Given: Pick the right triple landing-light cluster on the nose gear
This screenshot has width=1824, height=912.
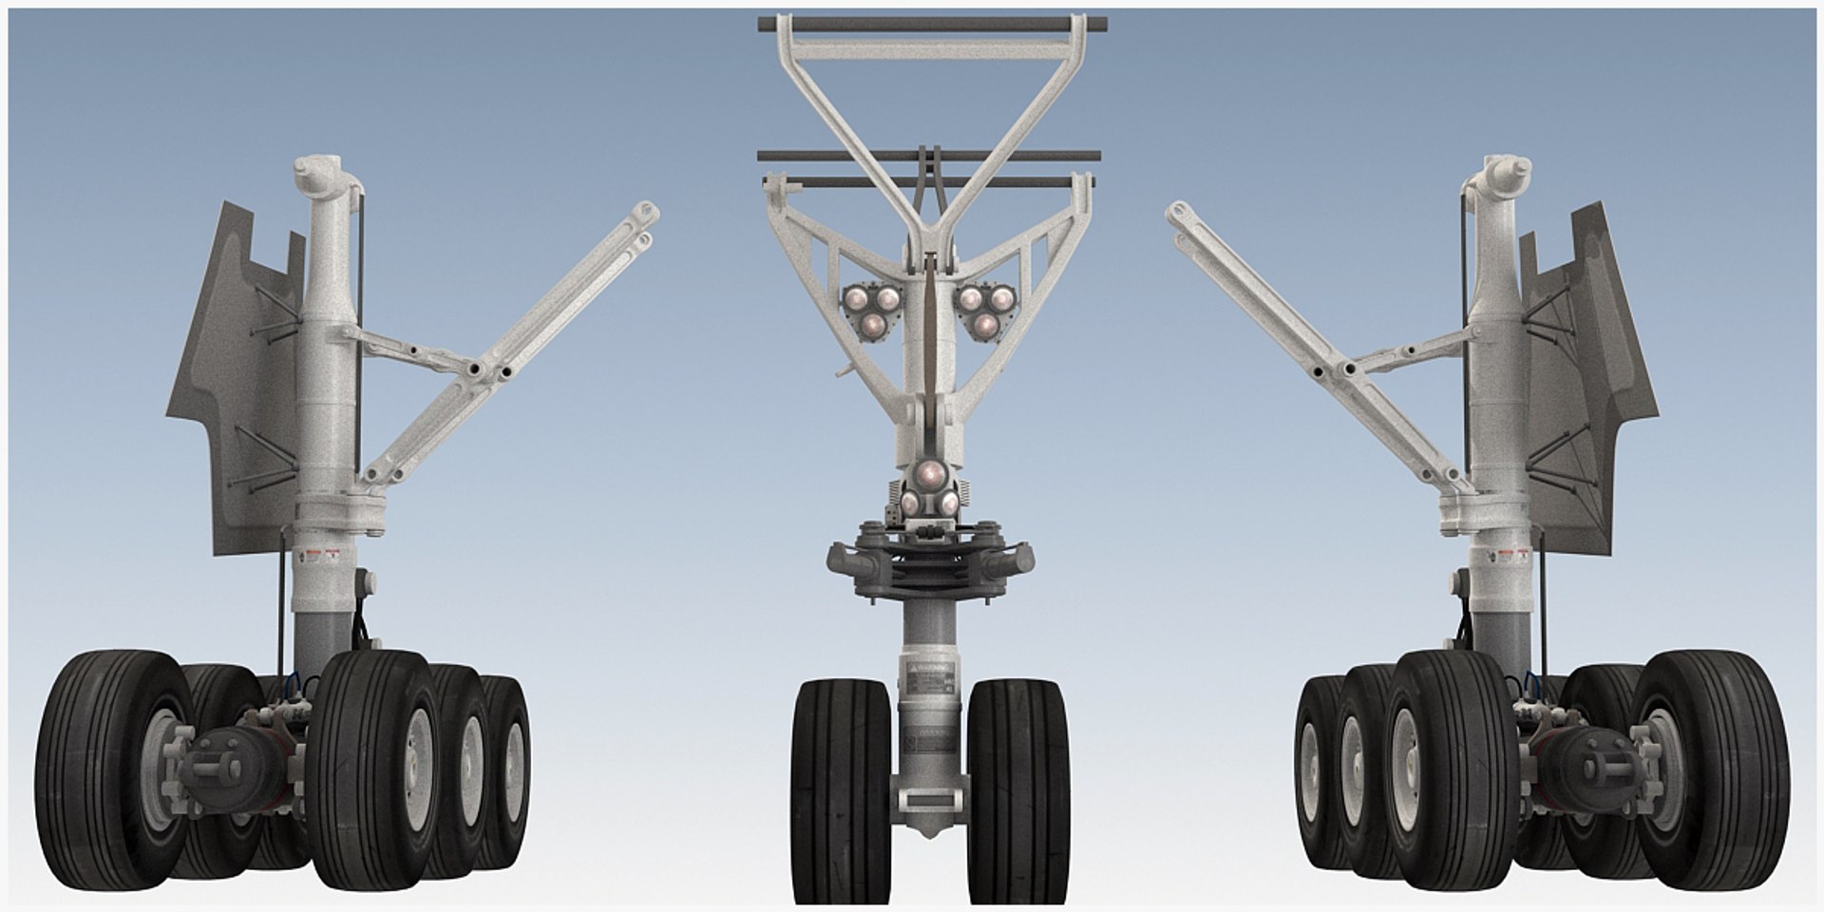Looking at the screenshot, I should click(986, 310).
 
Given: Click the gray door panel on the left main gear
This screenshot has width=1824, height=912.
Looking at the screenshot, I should click(233, 380).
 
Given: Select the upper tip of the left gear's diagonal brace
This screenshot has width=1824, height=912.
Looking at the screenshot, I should click(648, 211).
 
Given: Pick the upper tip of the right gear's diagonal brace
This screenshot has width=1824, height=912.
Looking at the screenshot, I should click(1176, 211).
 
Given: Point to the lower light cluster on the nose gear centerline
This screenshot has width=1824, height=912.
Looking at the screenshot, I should click(928, 490).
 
